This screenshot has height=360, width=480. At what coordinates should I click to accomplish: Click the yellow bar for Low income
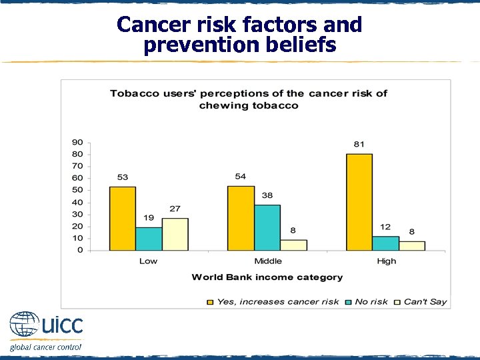pyautogui.click(x=122, y=219)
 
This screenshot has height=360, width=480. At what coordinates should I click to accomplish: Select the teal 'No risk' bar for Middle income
pyautogui.click(x=267, y=227)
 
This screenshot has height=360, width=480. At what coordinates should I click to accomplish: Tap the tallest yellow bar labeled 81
pyautogui.click(x=359, y=202)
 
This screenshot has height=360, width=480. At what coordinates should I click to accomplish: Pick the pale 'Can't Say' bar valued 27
pyautogui.click(x=175, y=234)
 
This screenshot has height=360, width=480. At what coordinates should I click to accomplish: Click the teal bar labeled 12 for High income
pyautogui.click(x=385, y=243)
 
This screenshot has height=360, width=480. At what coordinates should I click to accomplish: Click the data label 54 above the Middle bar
pyautogui.click(x=241, y=177)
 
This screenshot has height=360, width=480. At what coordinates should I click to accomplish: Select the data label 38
pyautogui.click(x=267, y=196)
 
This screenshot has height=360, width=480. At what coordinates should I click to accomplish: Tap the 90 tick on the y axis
pyautogui.click(x=78, y=142)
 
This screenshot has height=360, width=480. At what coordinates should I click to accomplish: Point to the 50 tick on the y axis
pyautogui.click(x=78, y=190)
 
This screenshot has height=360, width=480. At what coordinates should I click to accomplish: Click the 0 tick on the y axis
pyautogui.click(x=81, y=250)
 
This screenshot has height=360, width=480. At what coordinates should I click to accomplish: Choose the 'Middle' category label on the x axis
pyautogui.click(x=267, y=261)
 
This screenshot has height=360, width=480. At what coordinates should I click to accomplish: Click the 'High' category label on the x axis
pyautogui.click(x=386, y=261)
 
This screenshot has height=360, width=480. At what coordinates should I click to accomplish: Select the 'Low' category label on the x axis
pyautogui.click(x=148, y=261)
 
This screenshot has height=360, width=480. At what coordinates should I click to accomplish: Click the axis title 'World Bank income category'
pyautogui.click(x=267, y=277)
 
